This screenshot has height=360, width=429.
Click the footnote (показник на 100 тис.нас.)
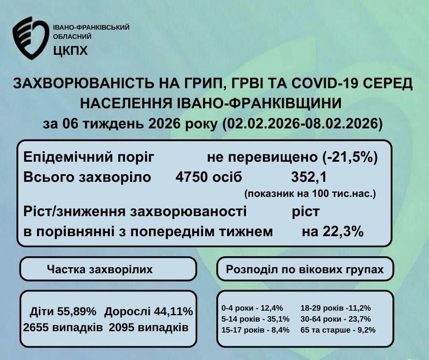tap(310, 194)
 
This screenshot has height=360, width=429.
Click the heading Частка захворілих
tap(100, 270)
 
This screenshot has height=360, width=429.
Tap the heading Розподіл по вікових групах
tap(305, 270)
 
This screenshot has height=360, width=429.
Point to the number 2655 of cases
tap(37, 328)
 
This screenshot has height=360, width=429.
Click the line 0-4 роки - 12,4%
tap(252, 307)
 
